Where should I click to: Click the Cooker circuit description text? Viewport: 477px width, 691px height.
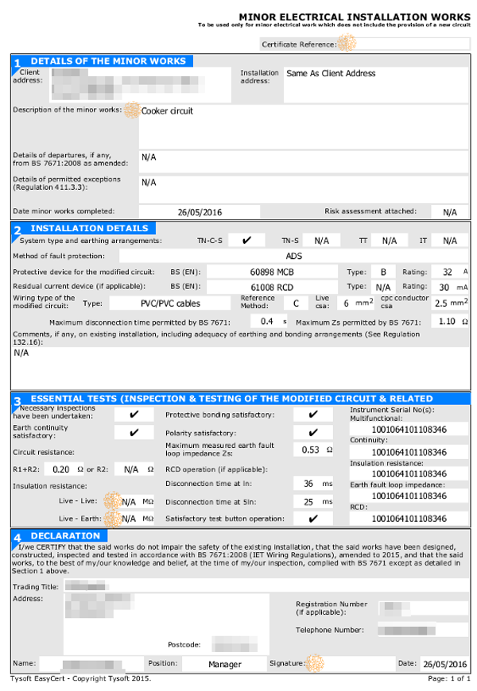tap(167, 111)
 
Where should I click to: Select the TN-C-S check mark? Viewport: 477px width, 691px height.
tap(247, 240)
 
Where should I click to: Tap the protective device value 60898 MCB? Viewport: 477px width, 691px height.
tap(273, 271)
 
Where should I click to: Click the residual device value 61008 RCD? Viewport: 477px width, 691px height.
tap(273, 286)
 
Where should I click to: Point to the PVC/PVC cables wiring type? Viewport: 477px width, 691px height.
tap(170, 303)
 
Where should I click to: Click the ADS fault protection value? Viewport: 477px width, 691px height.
tap(294, 256)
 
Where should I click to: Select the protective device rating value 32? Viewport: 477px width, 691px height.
tap(447, 271)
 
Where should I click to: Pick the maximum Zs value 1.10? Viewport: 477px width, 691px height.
tap(447, 322)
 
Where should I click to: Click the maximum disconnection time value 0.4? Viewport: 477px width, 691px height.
tap(267, 322)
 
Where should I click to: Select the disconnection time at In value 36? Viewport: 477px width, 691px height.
tap(308, 483)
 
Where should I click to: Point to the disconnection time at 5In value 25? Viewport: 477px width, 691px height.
tap(308, 502)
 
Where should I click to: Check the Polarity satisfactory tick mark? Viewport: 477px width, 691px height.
tap(313, 432)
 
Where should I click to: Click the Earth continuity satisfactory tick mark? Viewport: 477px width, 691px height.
tap(134, 432)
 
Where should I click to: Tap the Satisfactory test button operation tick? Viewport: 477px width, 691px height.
tap(313, 519)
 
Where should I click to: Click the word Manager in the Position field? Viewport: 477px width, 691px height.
tap(225, 664)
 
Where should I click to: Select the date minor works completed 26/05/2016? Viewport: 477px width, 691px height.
tap(200, 212)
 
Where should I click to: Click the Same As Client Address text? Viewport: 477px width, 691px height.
tap(331, 74)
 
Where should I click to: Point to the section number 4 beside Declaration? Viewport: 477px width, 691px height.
tap(16, 539)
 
